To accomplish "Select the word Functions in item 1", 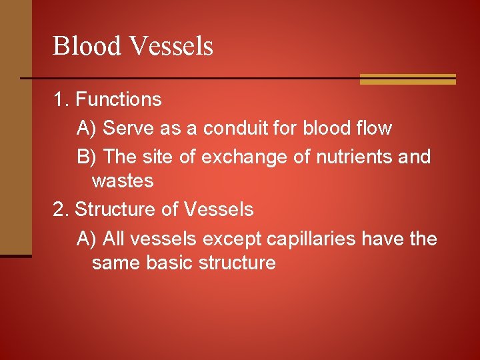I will coord(118,99).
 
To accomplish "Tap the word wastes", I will coord(123,181).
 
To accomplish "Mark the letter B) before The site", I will coord(87,157).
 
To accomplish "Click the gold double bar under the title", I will coord(407,79).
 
